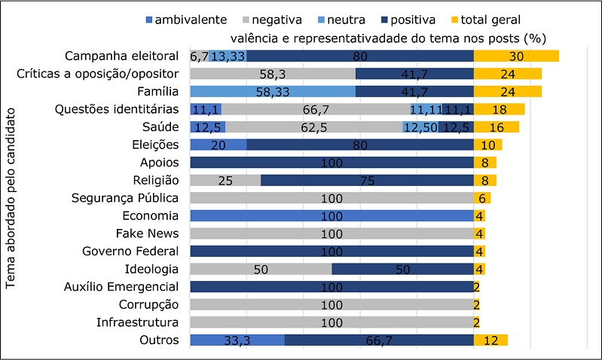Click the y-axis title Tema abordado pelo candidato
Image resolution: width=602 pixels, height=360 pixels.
11,201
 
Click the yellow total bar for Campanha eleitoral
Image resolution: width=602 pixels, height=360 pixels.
515,56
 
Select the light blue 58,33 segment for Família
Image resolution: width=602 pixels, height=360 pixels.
272,91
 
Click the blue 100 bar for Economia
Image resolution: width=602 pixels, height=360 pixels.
332,215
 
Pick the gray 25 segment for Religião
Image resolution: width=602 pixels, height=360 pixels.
225,180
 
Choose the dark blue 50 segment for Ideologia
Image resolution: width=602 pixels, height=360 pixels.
402,269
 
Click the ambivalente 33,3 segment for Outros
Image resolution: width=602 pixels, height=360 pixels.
237,340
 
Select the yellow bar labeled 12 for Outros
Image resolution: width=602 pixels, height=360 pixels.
490,340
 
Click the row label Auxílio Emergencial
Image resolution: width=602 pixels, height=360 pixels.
125,286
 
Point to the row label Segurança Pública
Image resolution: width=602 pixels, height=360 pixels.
125,198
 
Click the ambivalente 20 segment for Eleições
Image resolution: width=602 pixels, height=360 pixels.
218,145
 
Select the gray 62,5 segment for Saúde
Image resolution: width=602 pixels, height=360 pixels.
313,127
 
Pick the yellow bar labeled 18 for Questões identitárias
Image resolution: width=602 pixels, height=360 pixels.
498,109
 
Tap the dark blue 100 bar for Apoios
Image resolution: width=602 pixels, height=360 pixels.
332,162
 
